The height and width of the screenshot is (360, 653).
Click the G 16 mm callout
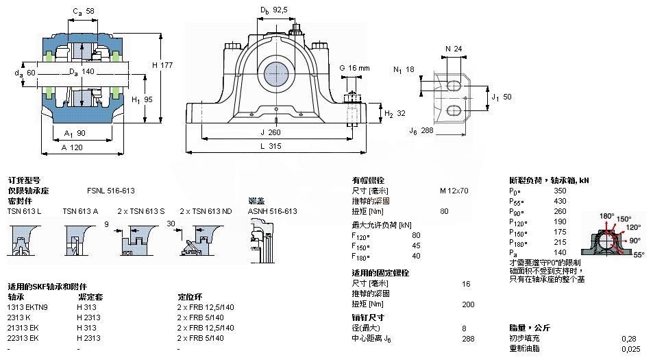coord(354,68)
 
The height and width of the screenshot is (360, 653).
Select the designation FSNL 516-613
coord(110,191)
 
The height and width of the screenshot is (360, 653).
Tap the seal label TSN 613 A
coord(80,211)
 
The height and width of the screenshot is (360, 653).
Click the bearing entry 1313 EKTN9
coord(27,307)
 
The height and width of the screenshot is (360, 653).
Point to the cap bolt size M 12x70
coord(454,191)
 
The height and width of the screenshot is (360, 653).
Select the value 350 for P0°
coord(559,191)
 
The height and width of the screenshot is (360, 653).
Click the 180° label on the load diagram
coord(606,216)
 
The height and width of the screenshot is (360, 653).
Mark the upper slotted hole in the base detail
coord(454,85)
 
